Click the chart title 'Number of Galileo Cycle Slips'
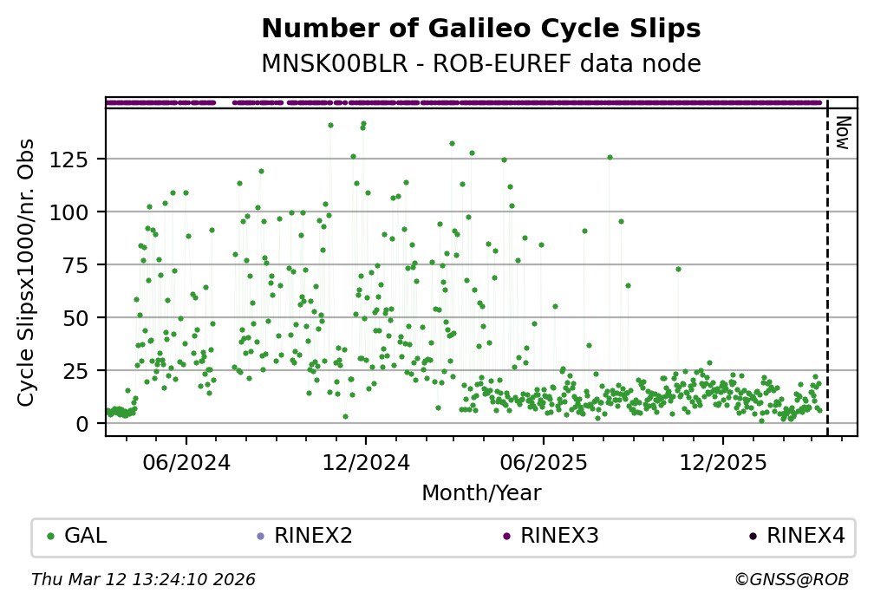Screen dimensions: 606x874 click(480, 29)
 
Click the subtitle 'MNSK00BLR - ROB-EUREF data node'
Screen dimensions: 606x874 click(480, 63)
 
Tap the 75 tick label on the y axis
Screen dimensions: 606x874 click(80, 265)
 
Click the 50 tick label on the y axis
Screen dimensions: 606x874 click(80, 318)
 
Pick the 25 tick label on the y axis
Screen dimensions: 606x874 click(80, 371)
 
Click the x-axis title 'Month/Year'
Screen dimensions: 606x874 click(481, 493)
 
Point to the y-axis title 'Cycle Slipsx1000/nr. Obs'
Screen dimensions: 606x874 click(26, 272)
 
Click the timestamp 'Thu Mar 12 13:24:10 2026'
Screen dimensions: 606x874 click(143, 579)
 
